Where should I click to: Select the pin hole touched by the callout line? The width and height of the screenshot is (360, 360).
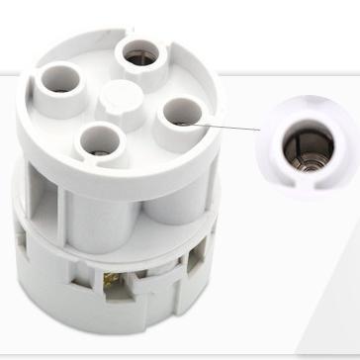click(182, 114)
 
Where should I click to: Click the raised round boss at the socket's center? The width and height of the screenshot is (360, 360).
click(120, 98)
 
